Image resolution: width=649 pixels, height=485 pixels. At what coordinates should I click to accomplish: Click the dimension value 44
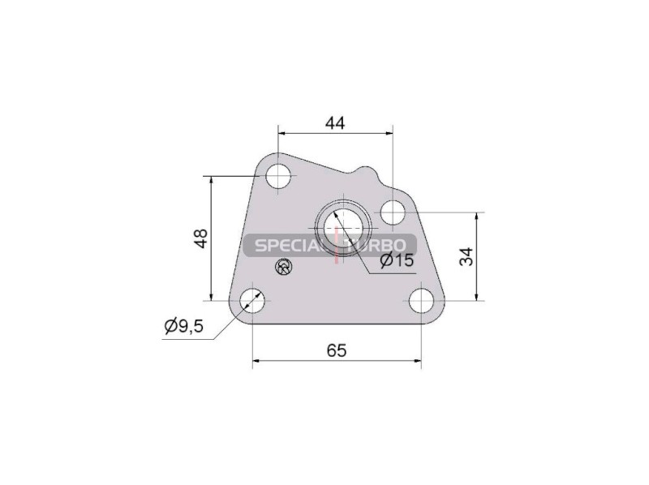tap(335, 123)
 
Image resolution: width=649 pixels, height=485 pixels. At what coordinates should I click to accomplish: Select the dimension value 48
tap(201, 238)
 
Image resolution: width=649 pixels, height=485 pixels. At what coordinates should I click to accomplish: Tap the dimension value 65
tap(336, 351)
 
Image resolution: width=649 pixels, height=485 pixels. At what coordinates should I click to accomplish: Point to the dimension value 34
tap(466, 256)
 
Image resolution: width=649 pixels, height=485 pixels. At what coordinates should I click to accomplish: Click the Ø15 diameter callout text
tap(397, 260)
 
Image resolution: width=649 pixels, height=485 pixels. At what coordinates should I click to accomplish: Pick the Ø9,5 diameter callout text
tap(184, 326)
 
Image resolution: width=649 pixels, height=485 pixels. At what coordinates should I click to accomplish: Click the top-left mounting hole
tap(278, 176)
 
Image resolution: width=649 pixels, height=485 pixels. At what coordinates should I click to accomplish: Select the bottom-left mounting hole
tap(252, 301)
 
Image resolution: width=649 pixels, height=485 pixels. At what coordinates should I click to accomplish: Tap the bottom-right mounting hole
tap(421, 301)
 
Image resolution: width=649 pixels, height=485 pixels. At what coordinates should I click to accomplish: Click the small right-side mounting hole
tap(393, 212)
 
